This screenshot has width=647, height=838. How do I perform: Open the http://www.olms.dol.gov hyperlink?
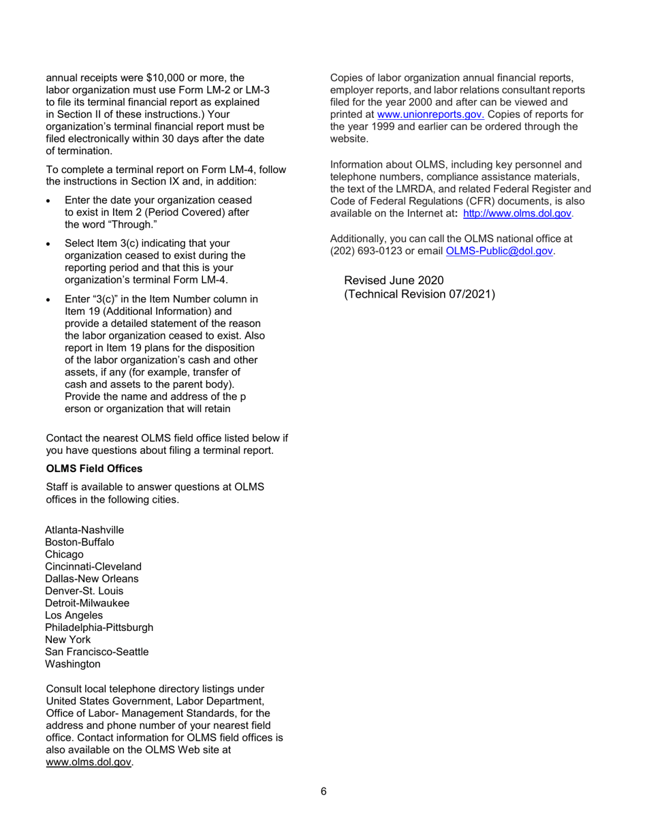pos(517,214)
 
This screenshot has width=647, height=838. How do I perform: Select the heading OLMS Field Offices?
pos(94,469)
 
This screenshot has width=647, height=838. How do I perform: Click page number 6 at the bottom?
pos(323,792)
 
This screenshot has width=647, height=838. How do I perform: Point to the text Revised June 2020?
pos(394,281)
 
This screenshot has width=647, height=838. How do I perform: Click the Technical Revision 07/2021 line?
pos(420,294)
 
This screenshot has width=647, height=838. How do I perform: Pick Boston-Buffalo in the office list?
pos(79,542)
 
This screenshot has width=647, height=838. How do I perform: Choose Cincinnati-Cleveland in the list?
pos(93,567)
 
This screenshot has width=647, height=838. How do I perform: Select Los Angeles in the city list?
pos(74,615)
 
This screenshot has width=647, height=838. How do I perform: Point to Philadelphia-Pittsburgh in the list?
pos(99,627)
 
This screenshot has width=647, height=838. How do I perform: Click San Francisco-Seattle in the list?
pos(97,651)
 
